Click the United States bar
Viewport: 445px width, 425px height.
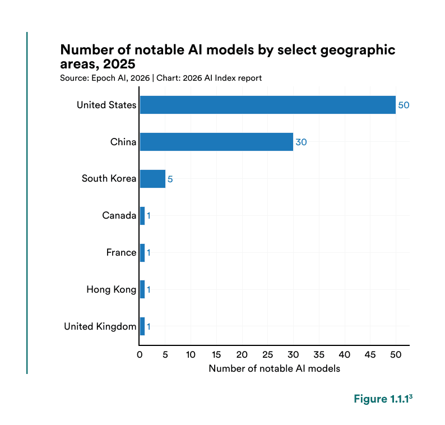click(x=267, y=105)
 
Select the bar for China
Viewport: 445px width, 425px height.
click(x=216, y=142)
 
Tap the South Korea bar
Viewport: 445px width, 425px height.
click(x=152, y=179)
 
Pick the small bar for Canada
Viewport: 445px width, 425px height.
click(x=142, y=216)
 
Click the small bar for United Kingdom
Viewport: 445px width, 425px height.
click(x=142, y=326)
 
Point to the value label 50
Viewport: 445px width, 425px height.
click(x=404, y=105)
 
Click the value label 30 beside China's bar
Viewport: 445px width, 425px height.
click(x=301, y=142)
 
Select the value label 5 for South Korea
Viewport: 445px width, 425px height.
click(x=170, y=179)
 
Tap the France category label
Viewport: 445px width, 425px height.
click(x=121, y=253)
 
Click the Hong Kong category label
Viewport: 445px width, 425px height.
click(x=111, y=290)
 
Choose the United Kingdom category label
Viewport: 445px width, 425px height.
click(x=100, y=326)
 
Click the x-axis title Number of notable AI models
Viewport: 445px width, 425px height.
click(x=274, y=369)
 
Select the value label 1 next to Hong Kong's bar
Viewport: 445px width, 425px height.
click(x=149, y=290)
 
